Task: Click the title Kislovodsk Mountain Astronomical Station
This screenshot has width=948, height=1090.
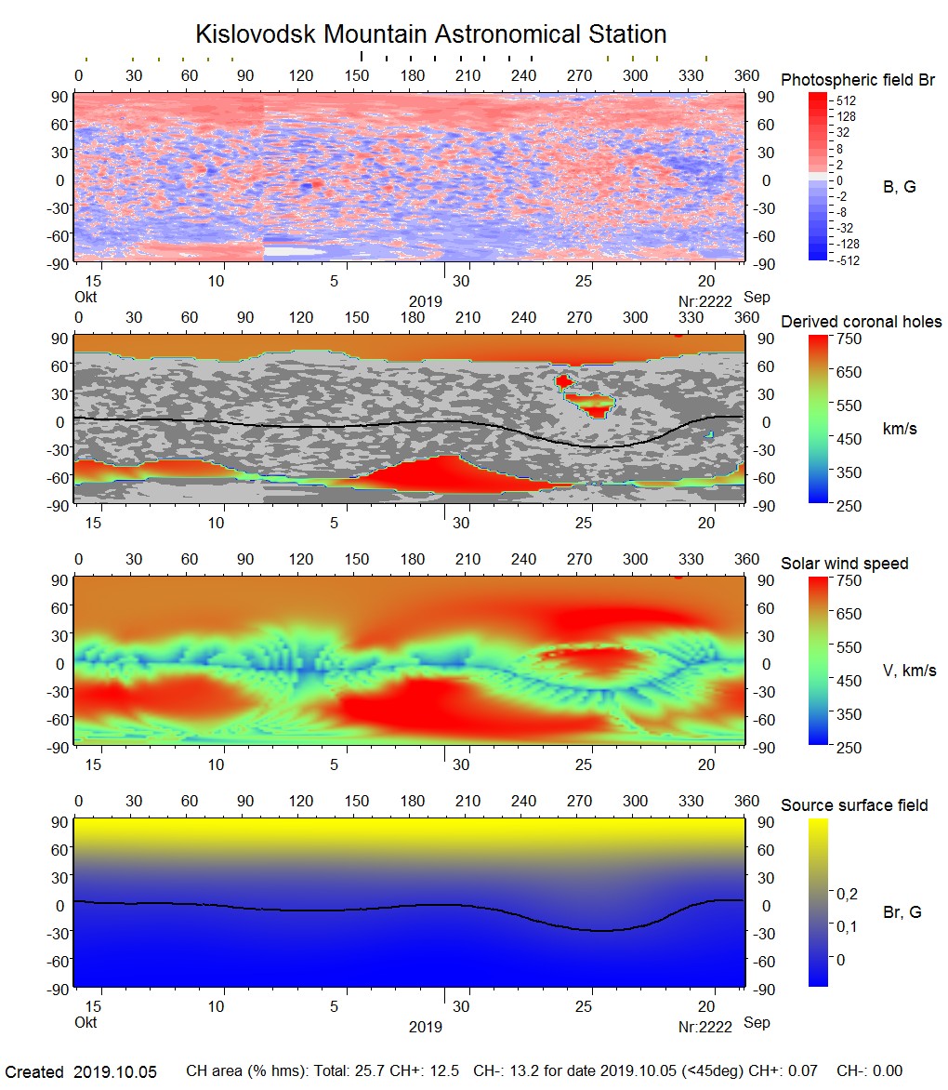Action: [x=430, y=35]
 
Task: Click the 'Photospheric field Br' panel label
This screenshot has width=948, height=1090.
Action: [x=857, y=80]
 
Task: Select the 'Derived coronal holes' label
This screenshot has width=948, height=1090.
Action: [x=861, y=322]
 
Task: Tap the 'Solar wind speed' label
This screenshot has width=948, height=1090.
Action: [x=844, y=564]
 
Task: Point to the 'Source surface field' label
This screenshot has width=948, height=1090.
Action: [x=853, y=805]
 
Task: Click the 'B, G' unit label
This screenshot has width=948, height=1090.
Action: [x=899, y=187]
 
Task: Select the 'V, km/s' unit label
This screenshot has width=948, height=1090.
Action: [x=909, y=671]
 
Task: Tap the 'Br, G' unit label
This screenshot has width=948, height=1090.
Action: [x=902, y=912]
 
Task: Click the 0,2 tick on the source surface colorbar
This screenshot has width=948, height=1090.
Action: [x=847, y=894]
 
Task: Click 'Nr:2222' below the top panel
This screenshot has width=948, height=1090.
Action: [x=705, y=301]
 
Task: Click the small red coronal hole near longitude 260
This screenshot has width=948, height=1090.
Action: [x=564, y=380]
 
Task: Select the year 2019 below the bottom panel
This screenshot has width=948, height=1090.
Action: [x=425, y=1027]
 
